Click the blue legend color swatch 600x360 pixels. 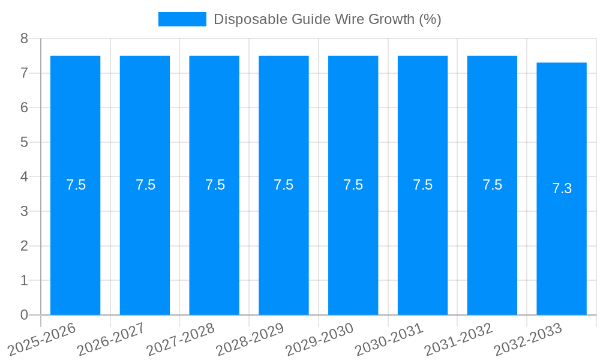click(182, 19)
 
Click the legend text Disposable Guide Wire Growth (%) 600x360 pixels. click(327, 19)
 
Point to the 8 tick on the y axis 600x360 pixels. click(24, 39)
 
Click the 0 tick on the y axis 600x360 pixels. click(24, 315)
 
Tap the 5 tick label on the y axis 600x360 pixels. click(24, 142)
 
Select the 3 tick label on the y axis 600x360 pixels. click(24, 211)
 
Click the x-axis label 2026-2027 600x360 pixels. click(111, 340)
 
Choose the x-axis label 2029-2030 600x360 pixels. click(319, 340)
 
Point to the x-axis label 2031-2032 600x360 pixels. click(458, 340)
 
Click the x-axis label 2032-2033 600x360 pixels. click(528, 340)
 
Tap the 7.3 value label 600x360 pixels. click(562, 188)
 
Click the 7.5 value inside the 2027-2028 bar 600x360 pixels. click(215, 185)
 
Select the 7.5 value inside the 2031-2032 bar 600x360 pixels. click(492, 185)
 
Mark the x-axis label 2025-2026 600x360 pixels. click(41, 340)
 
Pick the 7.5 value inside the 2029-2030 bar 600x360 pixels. click(353, 185)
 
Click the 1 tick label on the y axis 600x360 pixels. click(24, 280)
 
